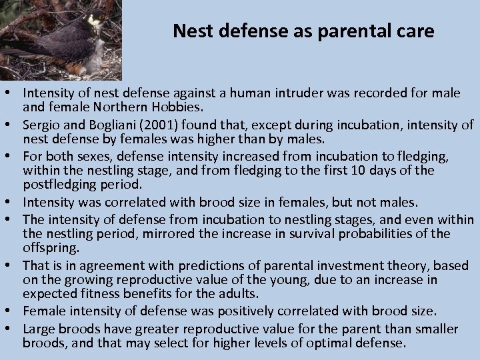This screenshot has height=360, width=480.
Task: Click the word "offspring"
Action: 51,247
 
